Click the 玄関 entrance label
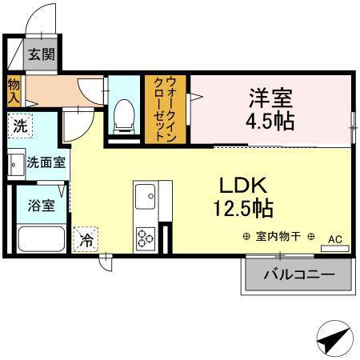41,55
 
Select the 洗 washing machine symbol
19,126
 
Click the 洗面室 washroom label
46,162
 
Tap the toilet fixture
124,117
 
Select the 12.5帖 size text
242,210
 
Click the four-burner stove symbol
146,238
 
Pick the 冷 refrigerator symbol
86,237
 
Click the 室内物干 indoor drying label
278,237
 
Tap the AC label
335,238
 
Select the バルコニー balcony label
299,276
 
